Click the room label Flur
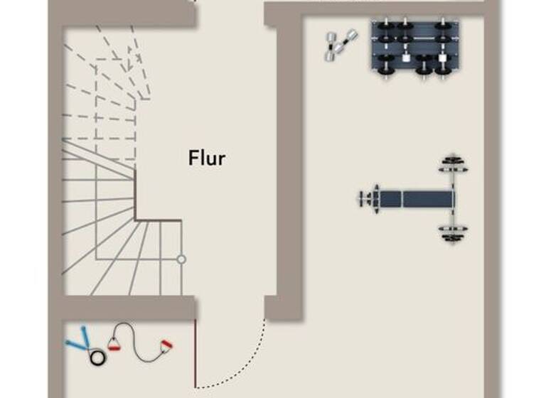(207, 158)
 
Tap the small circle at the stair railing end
(181, 259)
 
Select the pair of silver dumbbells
(340, 45)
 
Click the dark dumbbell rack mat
(414, 45)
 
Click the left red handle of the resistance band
(114, 346)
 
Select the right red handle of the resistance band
(166, 346)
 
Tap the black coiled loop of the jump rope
(96, 355)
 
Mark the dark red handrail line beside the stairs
(158, 220)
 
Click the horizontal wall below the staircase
(128, 308)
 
